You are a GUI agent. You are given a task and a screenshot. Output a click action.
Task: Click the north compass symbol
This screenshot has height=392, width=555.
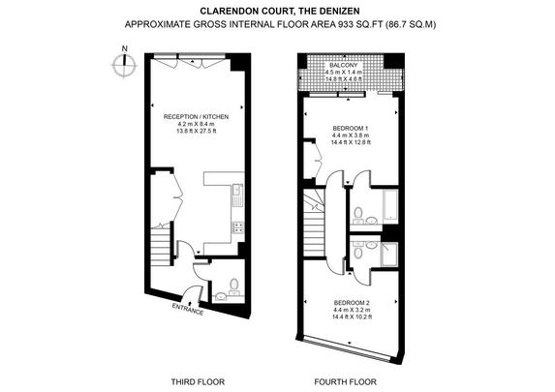[x=122, y=65]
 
